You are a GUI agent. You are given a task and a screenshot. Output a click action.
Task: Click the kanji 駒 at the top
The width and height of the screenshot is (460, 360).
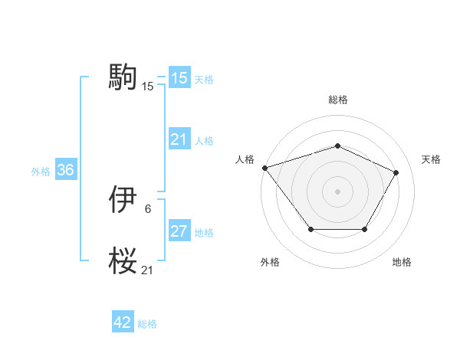[x=123, y=77]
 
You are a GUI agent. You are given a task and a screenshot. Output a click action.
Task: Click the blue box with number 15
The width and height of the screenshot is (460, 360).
[x=179, y=78]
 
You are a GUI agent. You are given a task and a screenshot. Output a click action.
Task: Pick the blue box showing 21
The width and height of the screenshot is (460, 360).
[x=179, y=139]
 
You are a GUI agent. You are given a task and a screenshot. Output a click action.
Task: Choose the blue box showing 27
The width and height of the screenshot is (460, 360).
[x=179, y=231]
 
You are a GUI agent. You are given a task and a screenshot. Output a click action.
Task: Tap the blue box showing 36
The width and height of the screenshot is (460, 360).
[x=65, y=170]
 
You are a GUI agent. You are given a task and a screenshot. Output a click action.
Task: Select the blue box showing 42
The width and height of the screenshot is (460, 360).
[x=123, y=323]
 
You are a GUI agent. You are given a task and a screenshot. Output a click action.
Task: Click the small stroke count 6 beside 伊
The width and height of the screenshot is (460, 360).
[x=147, y=208]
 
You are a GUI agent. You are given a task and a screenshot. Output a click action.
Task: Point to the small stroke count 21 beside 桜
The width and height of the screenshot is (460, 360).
[x=147, y=270]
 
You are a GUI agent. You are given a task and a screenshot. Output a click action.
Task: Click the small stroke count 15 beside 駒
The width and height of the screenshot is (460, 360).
[x=147, y=87]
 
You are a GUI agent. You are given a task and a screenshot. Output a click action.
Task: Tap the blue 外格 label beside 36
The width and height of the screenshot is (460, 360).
[x=41, y=172]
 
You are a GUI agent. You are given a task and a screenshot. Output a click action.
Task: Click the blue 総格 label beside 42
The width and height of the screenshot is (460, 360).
[x=147, y=324]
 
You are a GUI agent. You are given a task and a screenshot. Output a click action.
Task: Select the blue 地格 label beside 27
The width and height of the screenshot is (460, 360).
[x=204, y=233]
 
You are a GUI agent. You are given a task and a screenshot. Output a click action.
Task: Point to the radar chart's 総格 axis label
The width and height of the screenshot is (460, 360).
[x=338, y=100]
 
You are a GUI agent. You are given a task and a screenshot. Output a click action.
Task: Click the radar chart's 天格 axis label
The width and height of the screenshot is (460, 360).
[x=431, y=159]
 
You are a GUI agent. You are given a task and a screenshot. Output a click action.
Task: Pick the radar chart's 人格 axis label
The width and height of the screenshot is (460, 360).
[x=245, y=159]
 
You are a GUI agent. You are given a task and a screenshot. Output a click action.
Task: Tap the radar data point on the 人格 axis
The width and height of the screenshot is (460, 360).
[x=264, y=167]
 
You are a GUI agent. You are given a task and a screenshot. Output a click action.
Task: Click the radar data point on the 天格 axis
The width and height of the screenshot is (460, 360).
[x=396, y=172]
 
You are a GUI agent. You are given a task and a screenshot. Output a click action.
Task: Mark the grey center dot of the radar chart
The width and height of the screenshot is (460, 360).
[x=337, y=191]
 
